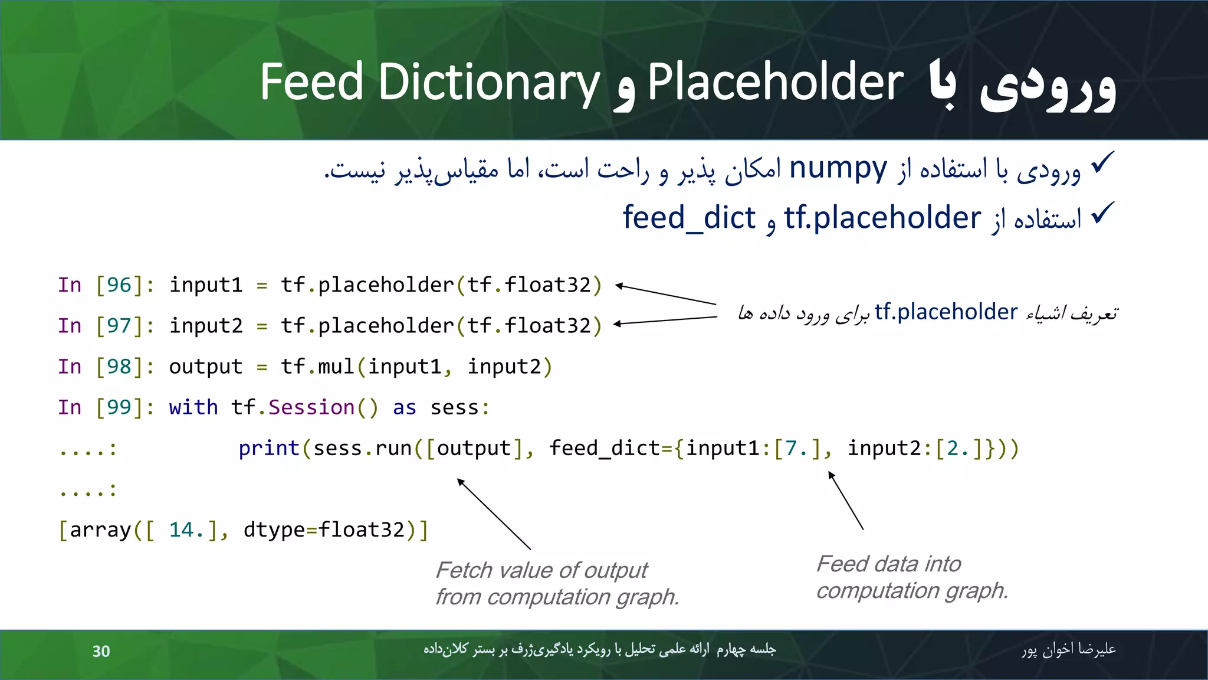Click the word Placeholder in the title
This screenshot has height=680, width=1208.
click(775, 83)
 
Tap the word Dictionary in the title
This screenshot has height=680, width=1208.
click(488, 84)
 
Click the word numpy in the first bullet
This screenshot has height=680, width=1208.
click(838, 169)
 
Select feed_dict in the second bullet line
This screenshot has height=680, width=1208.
click(689, 218)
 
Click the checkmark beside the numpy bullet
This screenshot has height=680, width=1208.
click(1102, 163)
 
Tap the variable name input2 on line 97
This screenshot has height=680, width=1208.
click(206, 326)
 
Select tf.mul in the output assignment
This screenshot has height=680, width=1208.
click(317, 367)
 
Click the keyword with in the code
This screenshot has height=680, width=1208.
click(193, 407)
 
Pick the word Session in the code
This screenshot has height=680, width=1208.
click(311, 407)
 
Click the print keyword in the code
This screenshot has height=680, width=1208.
click(269, 449)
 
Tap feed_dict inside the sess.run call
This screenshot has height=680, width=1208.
click(605, 449)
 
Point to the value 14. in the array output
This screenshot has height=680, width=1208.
click(186, 530)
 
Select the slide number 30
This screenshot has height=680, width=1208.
click(101, 651)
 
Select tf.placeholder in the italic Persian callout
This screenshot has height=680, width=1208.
click(946, 312)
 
